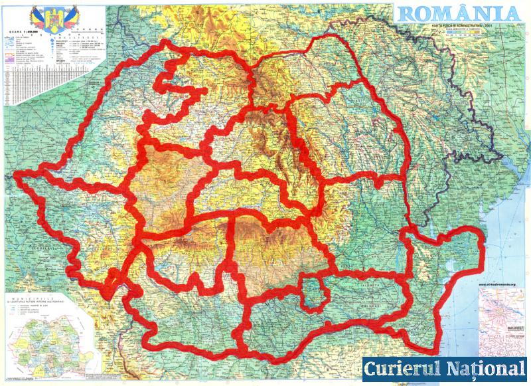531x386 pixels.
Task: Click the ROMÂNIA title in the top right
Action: [x=458, y=13]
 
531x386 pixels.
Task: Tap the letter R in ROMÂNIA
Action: [x=405, y=13]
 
